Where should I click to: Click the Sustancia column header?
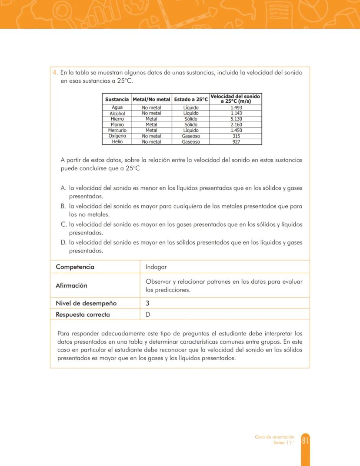(x=117, y=100)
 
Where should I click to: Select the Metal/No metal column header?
(x=151, y=100)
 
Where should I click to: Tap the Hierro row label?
(x=117, y=119)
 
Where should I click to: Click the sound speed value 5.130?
(x=236, y=119)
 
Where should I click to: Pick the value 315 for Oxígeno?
(x=236, y=136)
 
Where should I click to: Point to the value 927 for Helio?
(x=236, y=142)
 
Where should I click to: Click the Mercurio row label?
(x=117, y=130)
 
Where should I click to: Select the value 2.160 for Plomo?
(x=236, y=124)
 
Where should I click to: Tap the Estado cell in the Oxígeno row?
(x=191, y=136)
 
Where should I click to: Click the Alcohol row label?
(x=117, y=113)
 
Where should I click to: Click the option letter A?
(x=63, y=188)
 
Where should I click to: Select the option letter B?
(x=63, y=206)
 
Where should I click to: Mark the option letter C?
(x=63, y=225)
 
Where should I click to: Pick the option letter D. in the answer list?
(x=63, y=242)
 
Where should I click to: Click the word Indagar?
(x=156, y=267)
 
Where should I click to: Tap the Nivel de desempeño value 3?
(x=148, y=303)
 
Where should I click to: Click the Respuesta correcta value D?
(x=148, y=315)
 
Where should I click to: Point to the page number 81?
(x=305, y=440)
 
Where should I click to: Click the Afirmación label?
(x=71, y=285)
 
